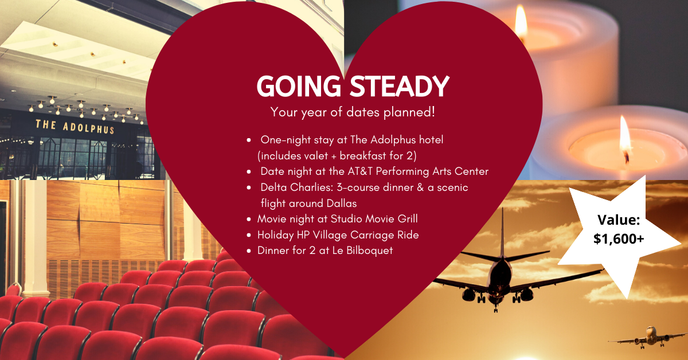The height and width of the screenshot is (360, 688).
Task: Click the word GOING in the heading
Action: tap(299, 87)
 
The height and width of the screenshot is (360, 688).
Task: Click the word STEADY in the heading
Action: tap(399, 87)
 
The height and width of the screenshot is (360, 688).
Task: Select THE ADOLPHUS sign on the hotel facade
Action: tap(75, 127)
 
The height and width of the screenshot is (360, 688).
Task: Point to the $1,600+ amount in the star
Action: tap(619, 239)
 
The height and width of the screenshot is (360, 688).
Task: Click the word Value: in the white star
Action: tap(619, 220)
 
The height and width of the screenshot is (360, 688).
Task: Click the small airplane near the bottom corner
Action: tap(649, 337)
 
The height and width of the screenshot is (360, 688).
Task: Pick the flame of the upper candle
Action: tap(521, 22)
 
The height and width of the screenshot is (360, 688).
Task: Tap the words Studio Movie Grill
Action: tap(374, 219)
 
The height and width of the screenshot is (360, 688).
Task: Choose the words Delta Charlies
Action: tap(297, 187)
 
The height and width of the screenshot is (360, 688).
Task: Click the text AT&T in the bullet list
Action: tap(360, 171)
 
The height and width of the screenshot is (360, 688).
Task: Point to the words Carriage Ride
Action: tap(385, 235)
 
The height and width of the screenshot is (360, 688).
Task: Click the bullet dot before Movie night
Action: tap(249, 220)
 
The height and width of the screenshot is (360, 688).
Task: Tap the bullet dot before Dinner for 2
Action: tap(249, 251)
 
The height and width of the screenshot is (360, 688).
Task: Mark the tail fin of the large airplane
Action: tap(502, 230)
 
